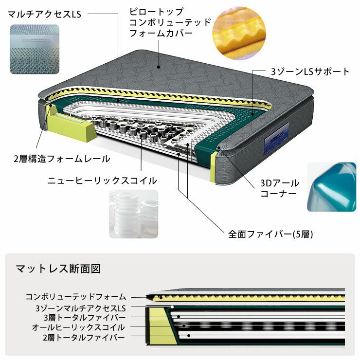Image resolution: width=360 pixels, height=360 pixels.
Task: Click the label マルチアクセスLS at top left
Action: [45, 14]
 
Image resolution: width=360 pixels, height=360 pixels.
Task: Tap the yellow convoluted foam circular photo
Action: [239, 33]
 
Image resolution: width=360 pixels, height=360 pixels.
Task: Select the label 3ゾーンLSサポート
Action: [310, 72]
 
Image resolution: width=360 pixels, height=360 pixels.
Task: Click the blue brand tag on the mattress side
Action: [276, 139]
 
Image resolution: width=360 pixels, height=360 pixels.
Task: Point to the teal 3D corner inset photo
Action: [331, 187]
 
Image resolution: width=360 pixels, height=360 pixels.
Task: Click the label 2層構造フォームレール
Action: [62, 159]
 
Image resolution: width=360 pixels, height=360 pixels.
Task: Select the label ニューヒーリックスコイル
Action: [102, 180]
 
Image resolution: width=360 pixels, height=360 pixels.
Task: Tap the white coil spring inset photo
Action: [134, 214]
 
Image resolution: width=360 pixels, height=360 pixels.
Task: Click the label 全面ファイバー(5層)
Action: [270, 234]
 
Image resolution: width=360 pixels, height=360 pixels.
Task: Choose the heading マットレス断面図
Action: [58, 269]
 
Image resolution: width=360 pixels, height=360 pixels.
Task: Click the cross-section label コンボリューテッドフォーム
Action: [76, 297]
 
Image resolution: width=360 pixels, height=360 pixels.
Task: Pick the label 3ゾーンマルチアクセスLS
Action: [81, 308]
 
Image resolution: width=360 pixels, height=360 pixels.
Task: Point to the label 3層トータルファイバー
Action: [85, 318]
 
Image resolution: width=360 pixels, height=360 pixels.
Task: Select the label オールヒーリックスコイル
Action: [78, 327]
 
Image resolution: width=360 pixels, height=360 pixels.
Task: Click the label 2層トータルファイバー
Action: [84, 338]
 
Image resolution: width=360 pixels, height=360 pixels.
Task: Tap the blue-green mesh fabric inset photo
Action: [35, 49]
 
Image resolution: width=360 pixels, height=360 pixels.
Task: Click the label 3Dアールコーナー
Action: [280, 188]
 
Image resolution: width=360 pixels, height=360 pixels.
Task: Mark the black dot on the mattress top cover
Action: [159, 67]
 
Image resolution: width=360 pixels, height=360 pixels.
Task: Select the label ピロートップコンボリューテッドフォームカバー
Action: [170, 22]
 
